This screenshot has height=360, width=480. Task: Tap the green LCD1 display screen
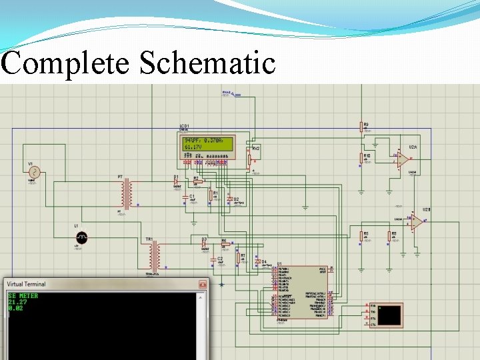click(x=207, y=143)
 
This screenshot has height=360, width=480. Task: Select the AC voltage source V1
click(x=33, y=172)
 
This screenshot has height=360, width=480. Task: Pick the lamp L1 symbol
click(x=81, y=237)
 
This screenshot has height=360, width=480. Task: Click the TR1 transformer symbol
click(x=155, y=255)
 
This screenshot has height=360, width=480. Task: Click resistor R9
click(x=363, y=127)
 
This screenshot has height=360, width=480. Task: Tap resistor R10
click(x=363, y=158)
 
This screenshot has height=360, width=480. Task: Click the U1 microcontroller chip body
click(x=303, y=292)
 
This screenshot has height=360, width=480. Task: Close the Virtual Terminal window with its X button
click(x=202, y=284)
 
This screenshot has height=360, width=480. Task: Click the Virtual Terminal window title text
click(x=27, y=284)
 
